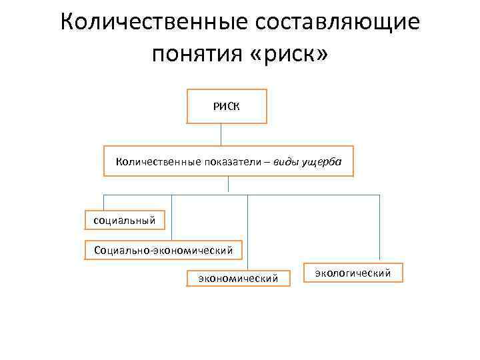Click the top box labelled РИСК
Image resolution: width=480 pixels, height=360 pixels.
click(x=226, y=106)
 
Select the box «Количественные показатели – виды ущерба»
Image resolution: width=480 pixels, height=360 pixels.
click(x=229, y=161)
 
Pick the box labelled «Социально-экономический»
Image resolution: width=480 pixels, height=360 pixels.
click(x=163, y=251)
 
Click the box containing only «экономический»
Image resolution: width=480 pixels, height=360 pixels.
click(x=239, y=277)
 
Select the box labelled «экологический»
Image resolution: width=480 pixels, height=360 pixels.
click(x=353, y=272)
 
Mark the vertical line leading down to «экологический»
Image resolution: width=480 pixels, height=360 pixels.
click(x=379, y=227)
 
